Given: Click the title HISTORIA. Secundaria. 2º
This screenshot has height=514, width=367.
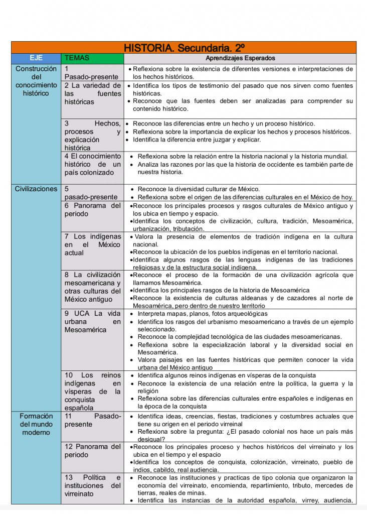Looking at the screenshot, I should click(x=184, y=48).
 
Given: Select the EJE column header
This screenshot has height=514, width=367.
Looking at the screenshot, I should click(x=36, y=58).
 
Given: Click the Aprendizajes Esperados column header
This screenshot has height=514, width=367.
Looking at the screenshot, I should click(x=240, y=58).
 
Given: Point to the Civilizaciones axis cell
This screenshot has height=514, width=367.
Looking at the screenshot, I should click(x=36, y=189).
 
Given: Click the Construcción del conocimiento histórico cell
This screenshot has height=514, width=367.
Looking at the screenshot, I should click(x=36, y=81).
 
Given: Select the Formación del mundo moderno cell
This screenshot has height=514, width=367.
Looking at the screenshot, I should click(x=36, y=424).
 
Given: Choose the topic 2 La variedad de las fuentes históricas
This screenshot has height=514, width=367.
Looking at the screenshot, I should click(x=92, y=93).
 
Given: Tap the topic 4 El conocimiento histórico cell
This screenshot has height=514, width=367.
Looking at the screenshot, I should click(x=92, y=164).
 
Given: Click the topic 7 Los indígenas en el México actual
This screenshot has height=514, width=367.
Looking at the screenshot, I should click(x=92, y=244).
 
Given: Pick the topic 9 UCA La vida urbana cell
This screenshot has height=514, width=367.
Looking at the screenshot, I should click(x=92, y=322).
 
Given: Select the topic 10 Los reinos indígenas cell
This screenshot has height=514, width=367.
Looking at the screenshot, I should click(x=92, y=392).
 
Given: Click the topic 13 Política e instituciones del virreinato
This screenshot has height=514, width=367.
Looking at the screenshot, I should click(x=92, y=485).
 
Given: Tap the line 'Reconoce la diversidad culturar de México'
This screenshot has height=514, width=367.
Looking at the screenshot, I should click(x=199, y=189).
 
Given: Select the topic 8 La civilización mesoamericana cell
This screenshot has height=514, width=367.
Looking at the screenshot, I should click(x=92, y=287).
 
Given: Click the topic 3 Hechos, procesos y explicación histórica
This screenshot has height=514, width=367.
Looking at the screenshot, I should click(x=92, y=136).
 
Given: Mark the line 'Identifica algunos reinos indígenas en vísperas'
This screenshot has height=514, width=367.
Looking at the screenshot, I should click(x=227, y=375).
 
